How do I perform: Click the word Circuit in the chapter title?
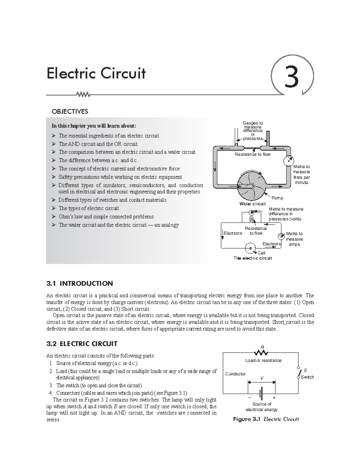[x=123, y=73]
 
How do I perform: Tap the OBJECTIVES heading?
[x=70, y=112]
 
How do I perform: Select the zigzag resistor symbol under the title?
[x=83, y=95]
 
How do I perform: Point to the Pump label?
[x=277, y=198]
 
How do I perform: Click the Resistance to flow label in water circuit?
[x=252, y=154]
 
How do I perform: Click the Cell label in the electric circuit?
[x=261, y=253]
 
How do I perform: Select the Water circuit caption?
[x=252, y=204]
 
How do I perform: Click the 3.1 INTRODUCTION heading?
[x=79, y=283]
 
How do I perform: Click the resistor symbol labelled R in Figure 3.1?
[x=261, y=352]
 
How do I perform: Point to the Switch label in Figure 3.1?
[x=307, y=377]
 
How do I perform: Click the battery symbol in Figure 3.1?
[x=261, y=393]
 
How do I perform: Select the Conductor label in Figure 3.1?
[x=235, y=374]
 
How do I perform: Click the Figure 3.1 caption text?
[x=266, y=419]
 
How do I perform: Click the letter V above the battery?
[x=262, y=378]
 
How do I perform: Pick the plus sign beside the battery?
[x=274, y=398]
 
